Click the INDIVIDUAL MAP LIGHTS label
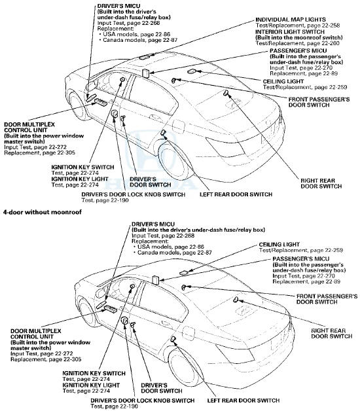pyautogui.click(x=292, y=20)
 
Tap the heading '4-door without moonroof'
pyautogui.click(x=42, y=213)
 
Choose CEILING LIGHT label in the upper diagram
pyautogui.click(x=309, y=81)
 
